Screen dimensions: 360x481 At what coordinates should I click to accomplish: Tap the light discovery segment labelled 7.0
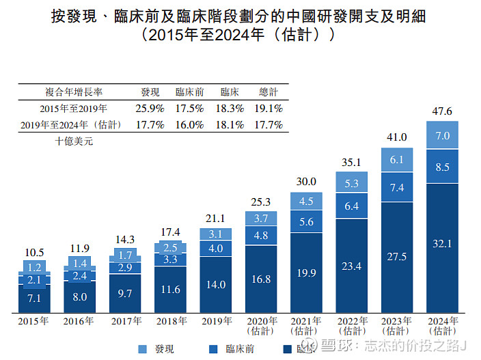(x=442, y=135)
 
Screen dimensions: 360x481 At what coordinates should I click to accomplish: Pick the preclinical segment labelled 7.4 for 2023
(x=397, y=187)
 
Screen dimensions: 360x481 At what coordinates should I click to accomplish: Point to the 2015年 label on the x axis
(x=34, y=321)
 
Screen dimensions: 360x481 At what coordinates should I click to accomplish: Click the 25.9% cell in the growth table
(x=150, y=108)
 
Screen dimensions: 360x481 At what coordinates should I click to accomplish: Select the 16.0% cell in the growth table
(x=189, y=124)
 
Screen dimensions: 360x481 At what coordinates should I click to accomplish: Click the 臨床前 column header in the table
(x=189, y=92)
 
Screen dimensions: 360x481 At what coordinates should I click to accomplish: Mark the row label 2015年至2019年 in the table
(x=73, y=108)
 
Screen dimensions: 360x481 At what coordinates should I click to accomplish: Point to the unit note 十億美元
(x=73, y=141)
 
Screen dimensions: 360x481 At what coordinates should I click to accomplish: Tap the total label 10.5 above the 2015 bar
(x=34, y=251)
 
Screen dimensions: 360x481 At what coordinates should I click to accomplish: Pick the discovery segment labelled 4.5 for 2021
(x=306, y=201)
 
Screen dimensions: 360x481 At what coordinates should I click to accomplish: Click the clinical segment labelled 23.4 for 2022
(x=352, y=266)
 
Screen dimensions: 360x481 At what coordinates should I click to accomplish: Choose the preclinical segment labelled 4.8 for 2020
(x=261, y=236)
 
